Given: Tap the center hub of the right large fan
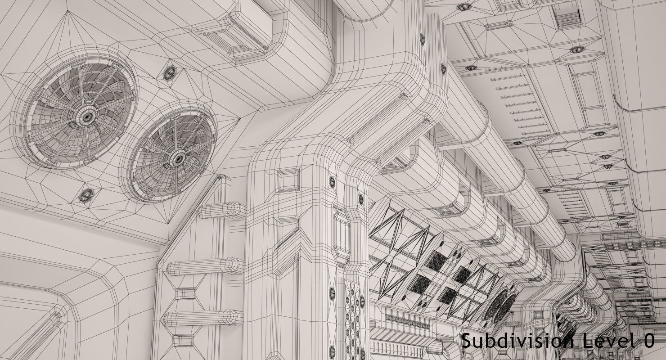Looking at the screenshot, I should pyautogui.click(x=179, y=158).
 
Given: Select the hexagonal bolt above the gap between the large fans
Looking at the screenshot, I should pyautogui.click(x=170, y=73).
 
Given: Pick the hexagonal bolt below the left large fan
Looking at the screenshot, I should pyautogui.click(x=85, y=195).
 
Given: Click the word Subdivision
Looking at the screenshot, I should pyautogui.click(x=513, y=341).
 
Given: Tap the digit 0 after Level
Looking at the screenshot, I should pyautogui.click(x=648, y=341).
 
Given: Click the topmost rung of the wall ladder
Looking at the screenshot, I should pyautogui.click(x=220, y=210).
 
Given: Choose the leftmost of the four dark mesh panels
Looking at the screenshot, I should pyautogui.click(x=421, y=284).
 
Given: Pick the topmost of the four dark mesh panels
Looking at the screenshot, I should pyautogui.click(x=436, y=261).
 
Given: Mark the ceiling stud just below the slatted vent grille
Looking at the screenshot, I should pyautogui.click(x=576, y=49).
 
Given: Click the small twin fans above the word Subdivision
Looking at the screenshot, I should pyautogui.click(x=500, y=306).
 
